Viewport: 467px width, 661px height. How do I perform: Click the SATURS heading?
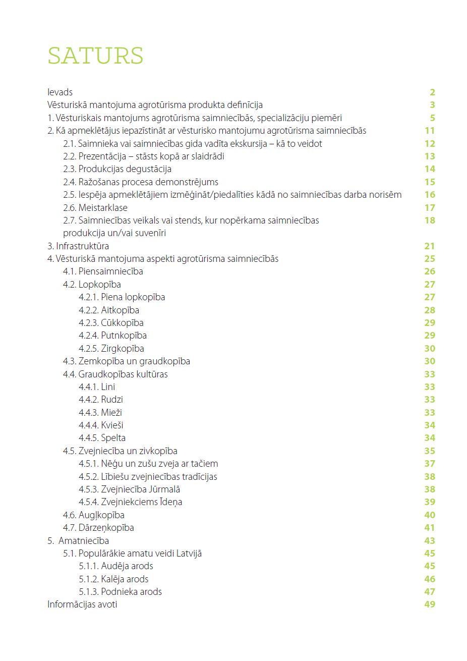pos(95,56)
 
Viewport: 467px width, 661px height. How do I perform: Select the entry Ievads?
pos(60,92)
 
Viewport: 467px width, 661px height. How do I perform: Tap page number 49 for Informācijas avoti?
pos(429,604)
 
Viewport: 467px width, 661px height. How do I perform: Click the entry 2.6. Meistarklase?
pos(95,208)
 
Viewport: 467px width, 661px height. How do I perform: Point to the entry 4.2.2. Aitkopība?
pos(109,310)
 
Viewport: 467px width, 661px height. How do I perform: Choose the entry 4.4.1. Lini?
pos(97,387)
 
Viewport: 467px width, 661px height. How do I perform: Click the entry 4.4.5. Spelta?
pos(102,438)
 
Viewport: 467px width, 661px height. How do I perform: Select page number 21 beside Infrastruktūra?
pos(429,246)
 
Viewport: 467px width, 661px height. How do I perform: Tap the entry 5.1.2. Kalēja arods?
pos(113,579)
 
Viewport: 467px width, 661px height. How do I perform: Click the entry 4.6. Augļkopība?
pos(94,515)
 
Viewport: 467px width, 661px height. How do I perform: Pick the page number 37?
pos(429,464)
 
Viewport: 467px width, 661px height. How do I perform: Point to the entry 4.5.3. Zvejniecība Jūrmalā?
pos(129,489)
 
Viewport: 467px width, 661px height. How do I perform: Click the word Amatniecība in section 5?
pos(84,541)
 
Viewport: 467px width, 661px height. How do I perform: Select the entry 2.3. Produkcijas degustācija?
pos(117,169)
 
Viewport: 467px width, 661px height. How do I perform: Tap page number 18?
pos(429,221)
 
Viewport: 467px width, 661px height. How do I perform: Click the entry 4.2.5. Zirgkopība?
pos(111,349)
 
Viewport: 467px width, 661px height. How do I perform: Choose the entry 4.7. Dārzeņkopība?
pos(98,528)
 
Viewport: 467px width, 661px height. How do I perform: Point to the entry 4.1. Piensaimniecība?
pos(103,271)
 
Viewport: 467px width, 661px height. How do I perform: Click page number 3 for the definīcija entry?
pos(432,105)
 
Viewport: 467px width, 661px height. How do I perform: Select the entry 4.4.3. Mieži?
pos(100,413)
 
